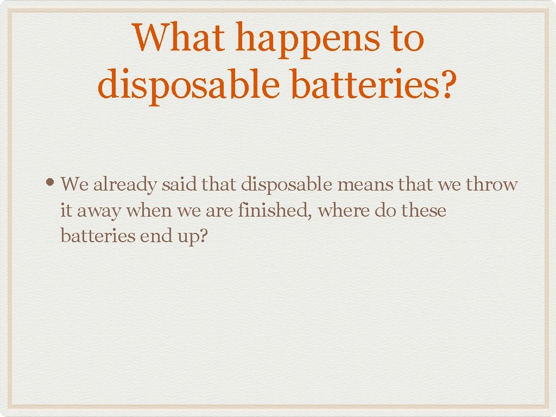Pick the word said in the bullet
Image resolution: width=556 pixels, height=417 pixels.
tap(180, 185)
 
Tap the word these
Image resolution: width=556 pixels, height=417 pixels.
tap(424, 211)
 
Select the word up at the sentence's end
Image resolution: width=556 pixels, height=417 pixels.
tap(190, 237)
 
